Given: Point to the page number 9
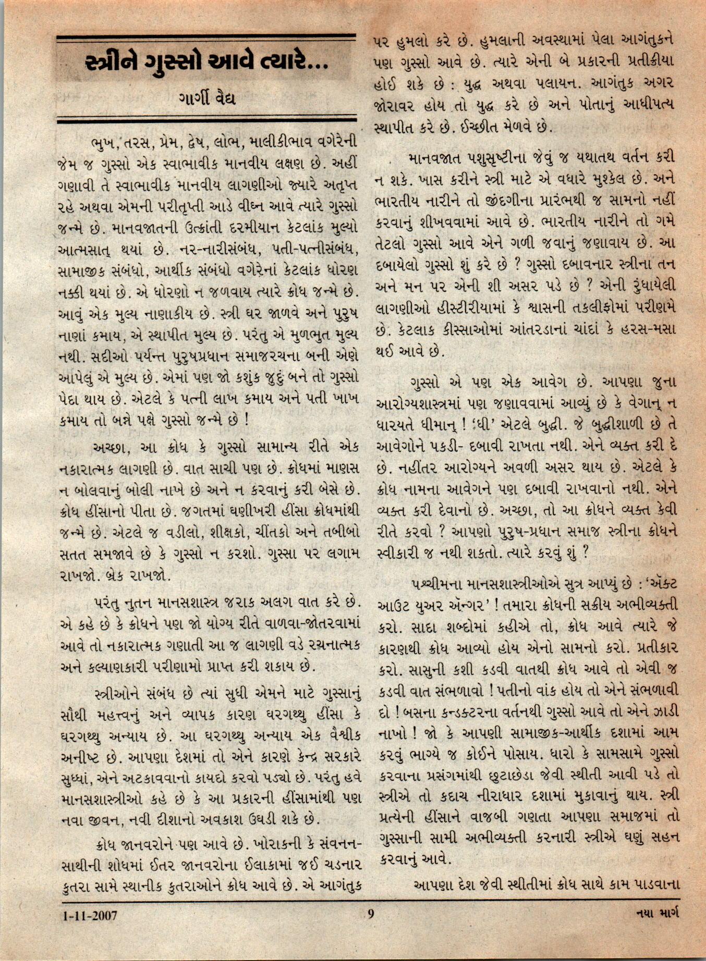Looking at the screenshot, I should click(371, 914).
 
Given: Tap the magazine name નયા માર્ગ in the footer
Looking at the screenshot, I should click(658, 913).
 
